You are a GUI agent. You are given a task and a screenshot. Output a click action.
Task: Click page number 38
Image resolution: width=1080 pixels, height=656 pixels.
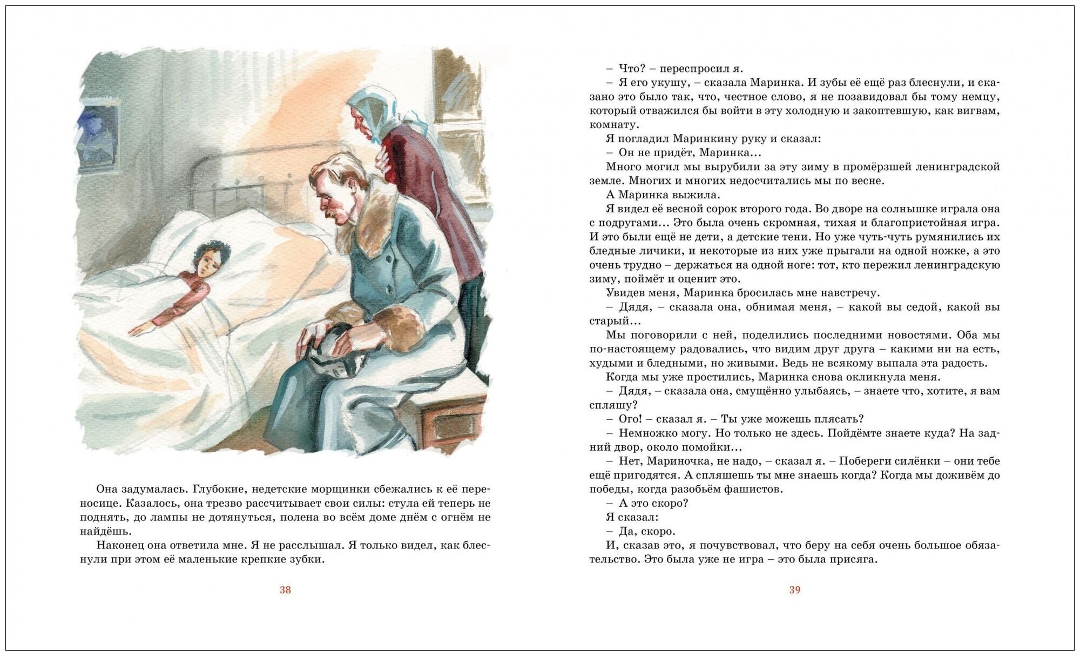coord(285,590)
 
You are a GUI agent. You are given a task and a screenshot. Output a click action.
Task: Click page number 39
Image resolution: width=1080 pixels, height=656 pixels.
coord(794,590)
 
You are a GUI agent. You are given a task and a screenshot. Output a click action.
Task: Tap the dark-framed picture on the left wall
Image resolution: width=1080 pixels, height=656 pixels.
coord(98,137)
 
